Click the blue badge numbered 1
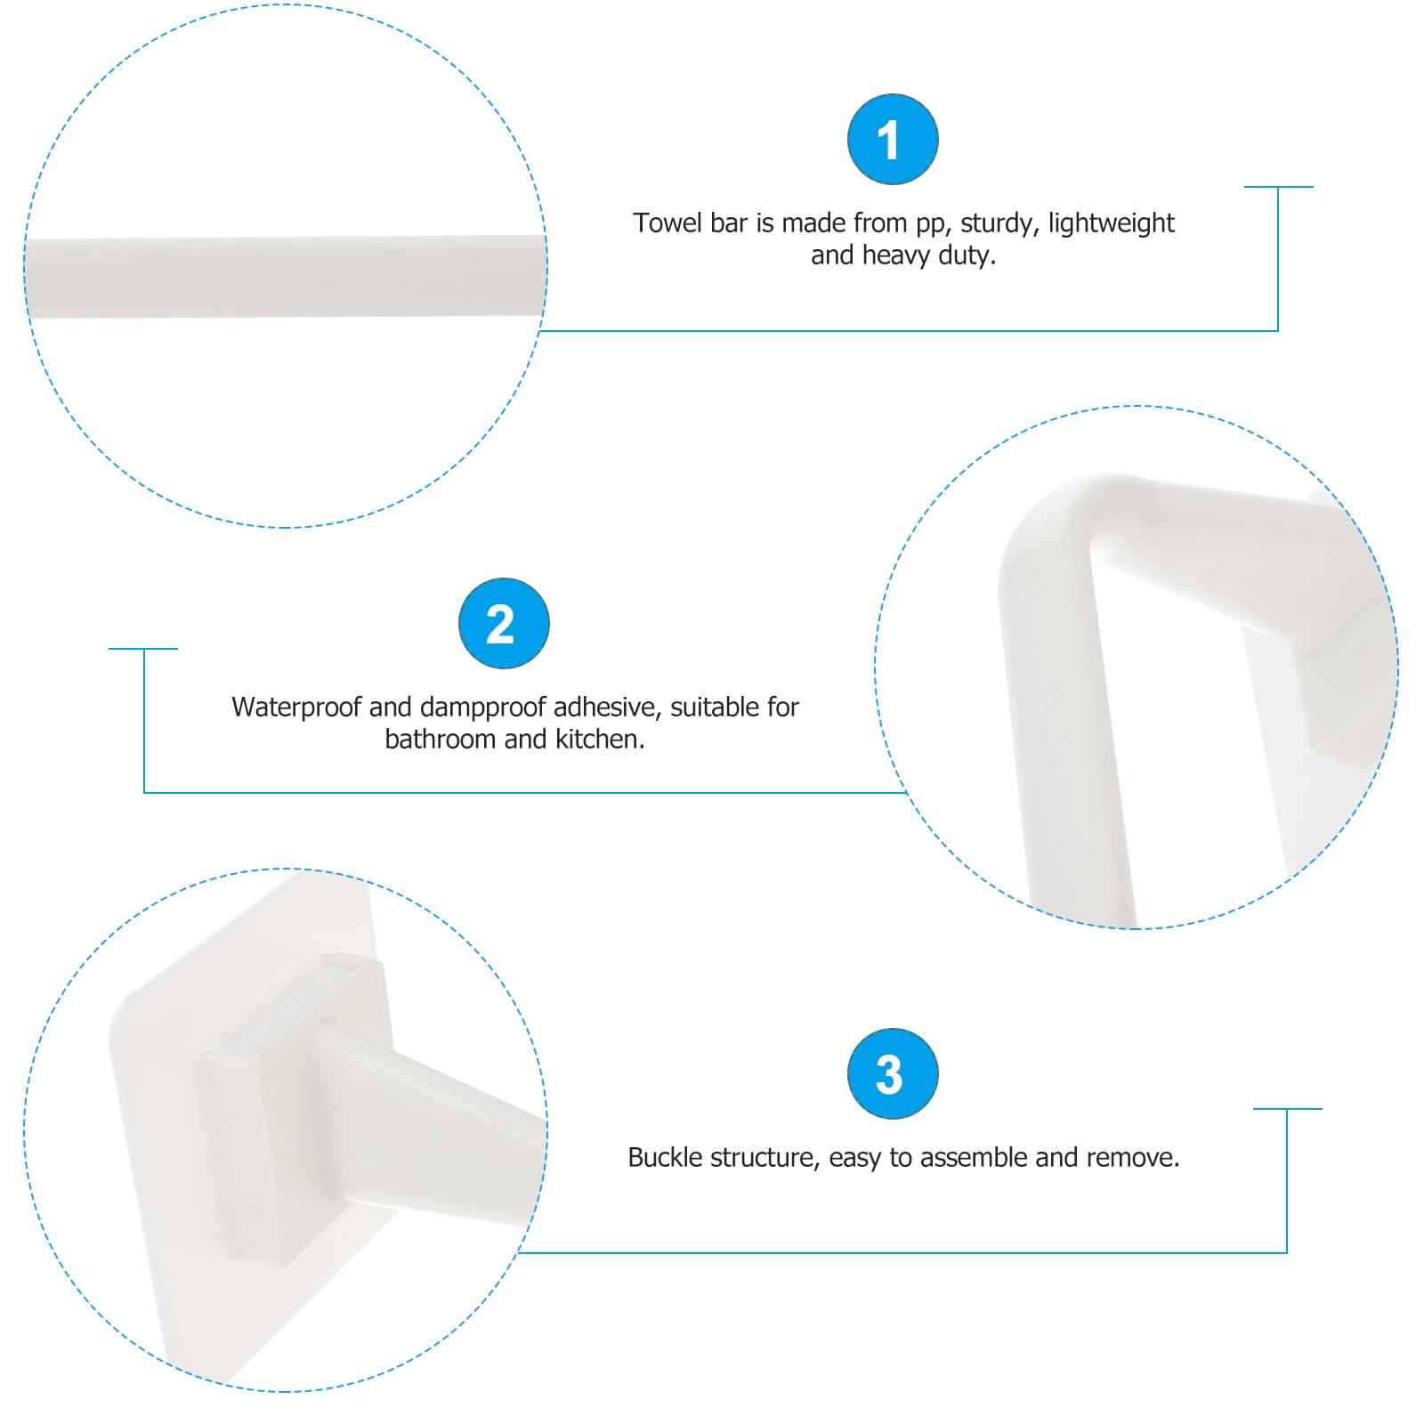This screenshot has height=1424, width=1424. coord(893,140)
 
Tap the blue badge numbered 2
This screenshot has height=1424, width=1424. coord(504,623)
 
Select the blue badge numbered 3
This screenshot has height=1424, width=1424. coord(893,1073)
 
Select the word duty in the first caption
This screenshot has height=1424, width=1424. coord(967,255)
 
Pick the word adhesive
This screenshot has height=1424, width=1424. coord(607,707)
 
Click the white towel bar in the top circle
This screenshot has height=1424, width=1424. coord(285,276)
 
